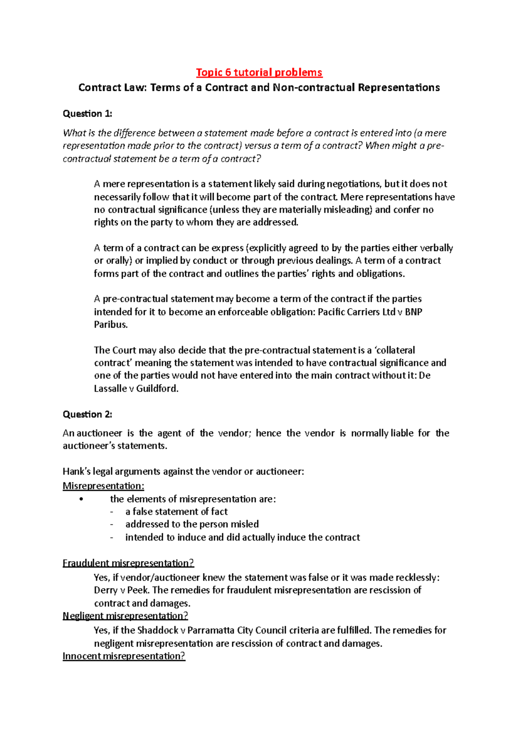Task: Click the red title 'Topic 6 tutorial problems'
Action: [259, 72]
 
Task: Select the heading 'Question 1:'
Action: [87, 114]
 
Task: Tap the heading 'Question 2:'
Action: [87, 415]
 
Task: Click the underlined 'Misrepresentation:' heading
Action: [103, 486]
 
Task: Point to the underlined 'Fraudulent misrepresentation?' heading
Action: [128, 563]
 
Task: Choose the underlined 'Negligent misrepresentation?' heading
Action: [125, 616]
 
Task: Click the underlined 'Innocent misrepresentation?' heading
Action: [124, 656]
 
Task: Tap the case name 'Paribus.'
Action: [111, 325]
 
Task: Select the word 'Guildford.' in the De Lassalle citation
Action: [157, 389]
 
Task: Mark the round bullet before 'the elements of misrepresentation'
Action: [81, 500]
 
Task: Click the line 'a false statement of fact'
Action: [176, 512]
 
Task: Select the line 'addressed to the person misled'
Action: [192, 524]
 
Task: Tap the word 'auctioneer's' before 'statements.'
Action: [88, 446]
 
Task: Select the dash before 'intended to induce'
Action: [112, 538]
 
